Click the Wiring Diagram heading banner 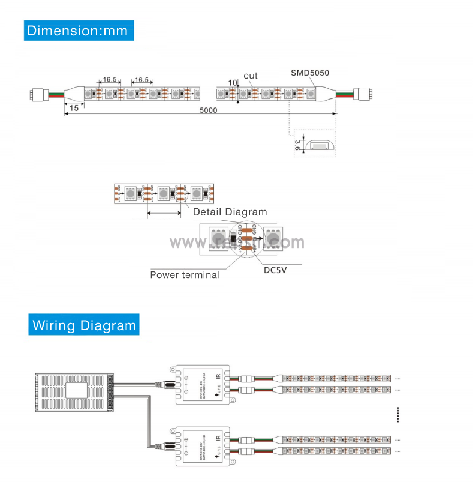[84, 325]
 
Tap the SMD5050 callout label [310, 73]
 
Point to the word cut [251, 76]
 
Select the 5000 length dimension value [208, 110]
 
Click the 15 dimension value [74, 107]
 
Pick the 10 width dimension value [233, 82]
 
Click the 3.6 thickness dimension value [298, 145]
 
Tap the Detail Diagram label [230, 212]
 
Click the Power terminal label [184, 275]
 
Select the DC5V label [276, 270]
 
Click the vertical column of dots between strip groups [399, 414]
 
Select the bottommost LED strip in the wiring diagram [339, 451]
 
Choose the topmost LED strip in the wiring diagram [339, 378]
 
